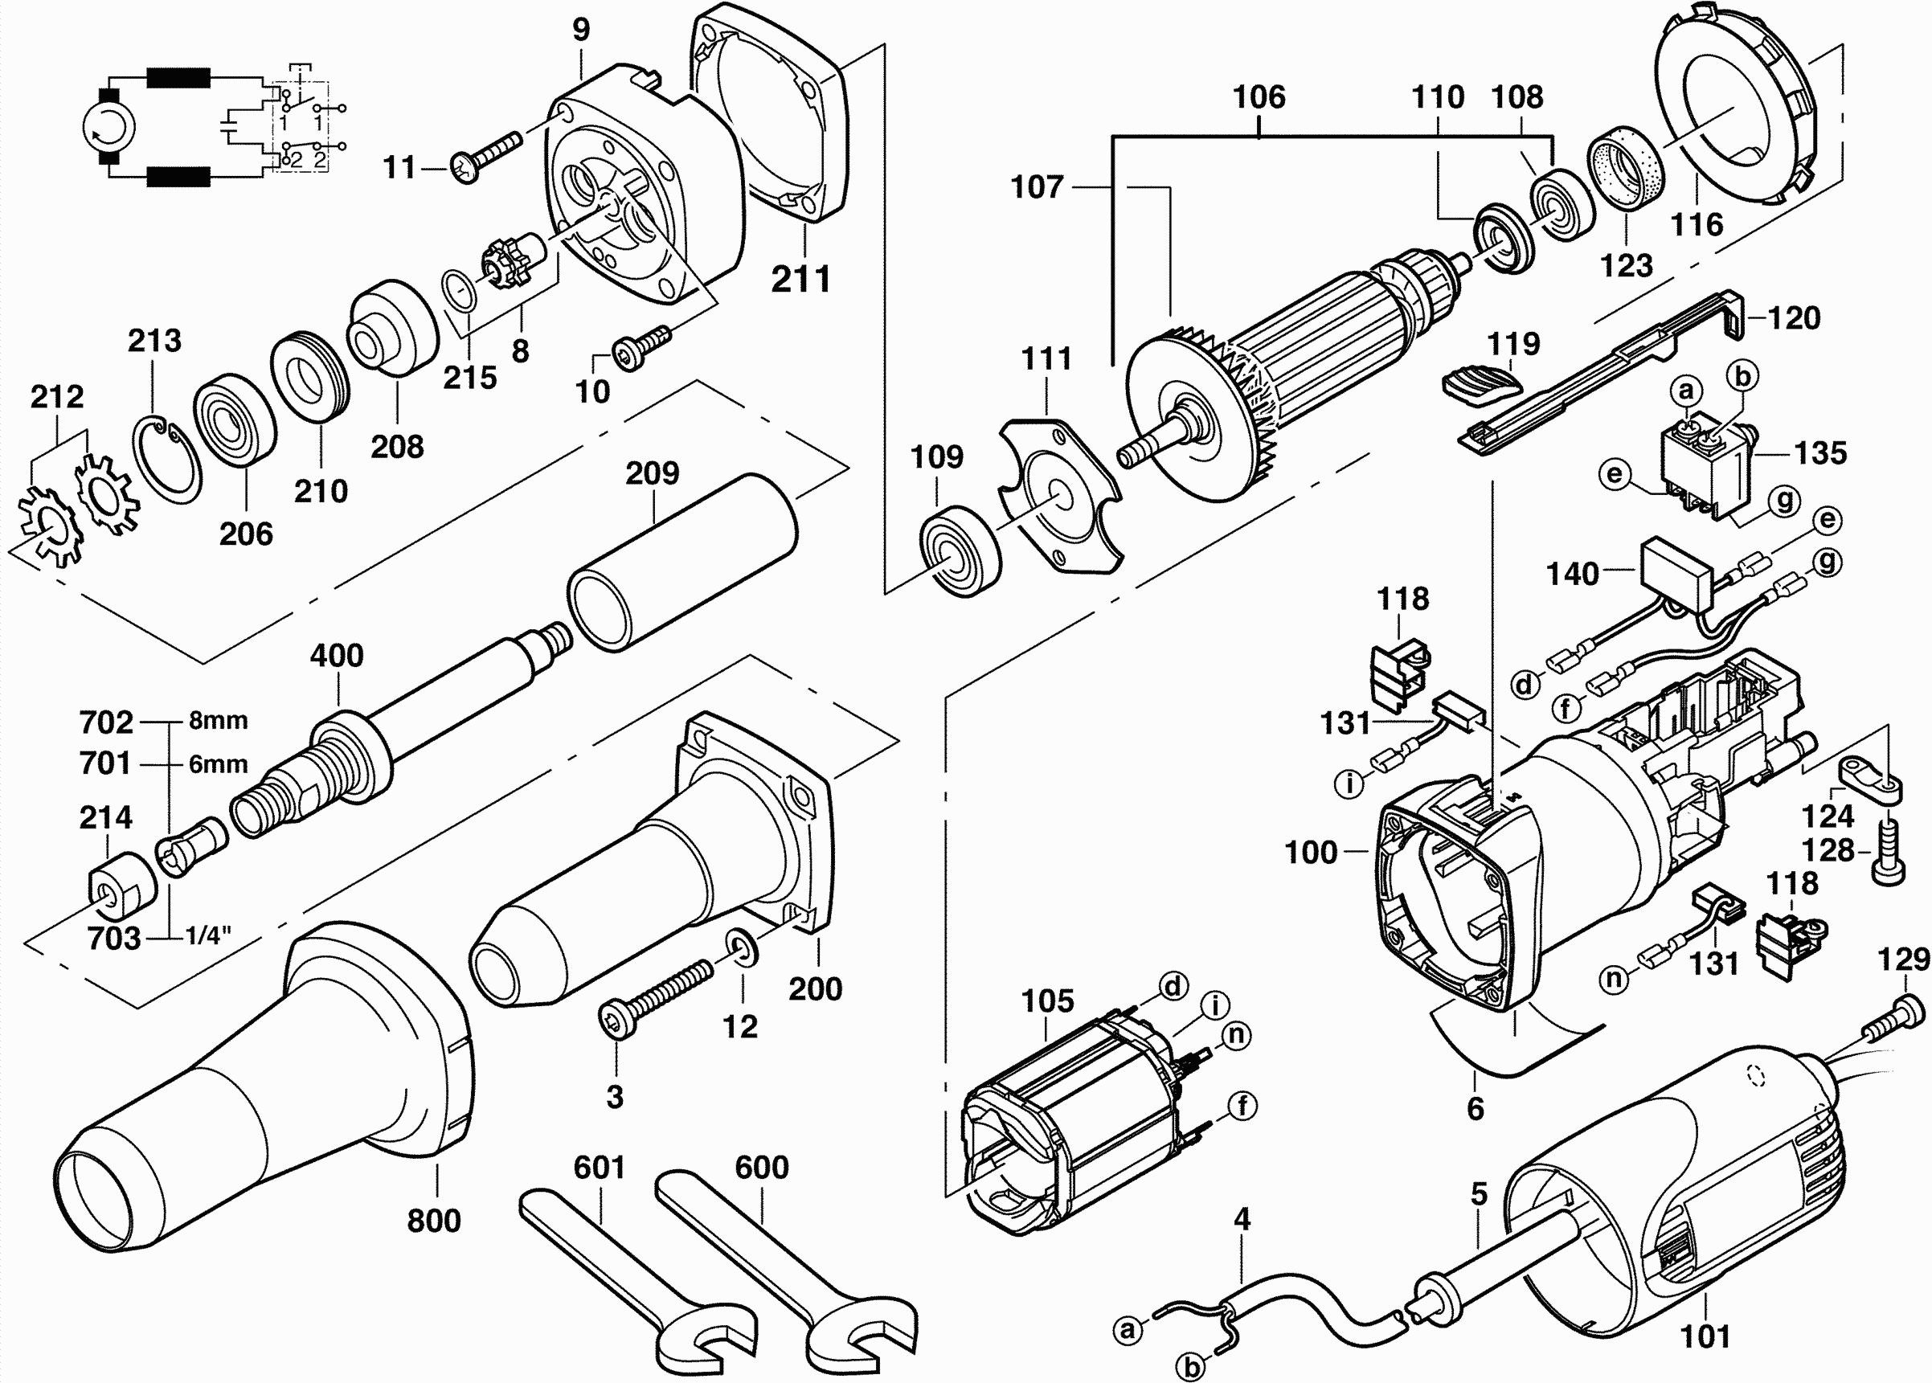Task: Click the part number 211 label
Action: (x=800, y=280)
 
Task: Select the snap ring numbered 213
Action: (x=168, y=460)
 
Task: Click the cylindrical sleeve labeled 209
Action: (x=682, y=561)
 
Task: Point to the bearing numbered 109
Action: (x=960, y=553)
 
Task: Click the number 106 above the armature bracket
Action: (x=1259, y=97)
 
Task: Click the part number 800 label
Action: (x=433, y=1221)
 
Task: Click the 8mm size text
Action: (x=218, y=721)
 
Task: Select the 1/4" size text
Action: (x=209, y=936)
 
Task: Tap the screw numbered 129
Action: (x=1893, y=1021)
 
